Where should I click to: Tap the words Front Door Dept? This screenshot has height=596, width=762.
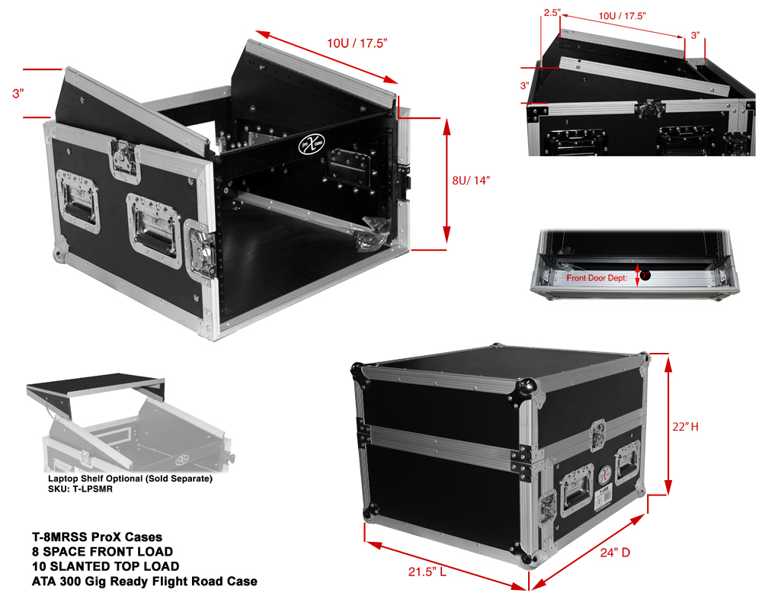[x=597, y=278]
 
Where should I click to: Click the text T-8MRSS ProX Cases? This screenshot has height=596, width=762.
[x=97, y=537]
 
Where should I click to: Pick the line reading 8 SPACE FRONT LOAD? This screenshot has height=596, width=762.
[x=102, y=551]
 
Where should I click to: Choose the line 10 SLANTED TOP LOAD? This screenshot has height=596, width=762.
[x=106, y=566]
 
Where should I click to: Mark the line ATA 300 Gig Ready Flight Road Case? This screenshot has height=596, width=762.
[x=144, y=582]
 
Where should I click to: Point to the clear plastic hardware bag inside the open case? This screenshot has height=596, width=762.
[x=372, y=230]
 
